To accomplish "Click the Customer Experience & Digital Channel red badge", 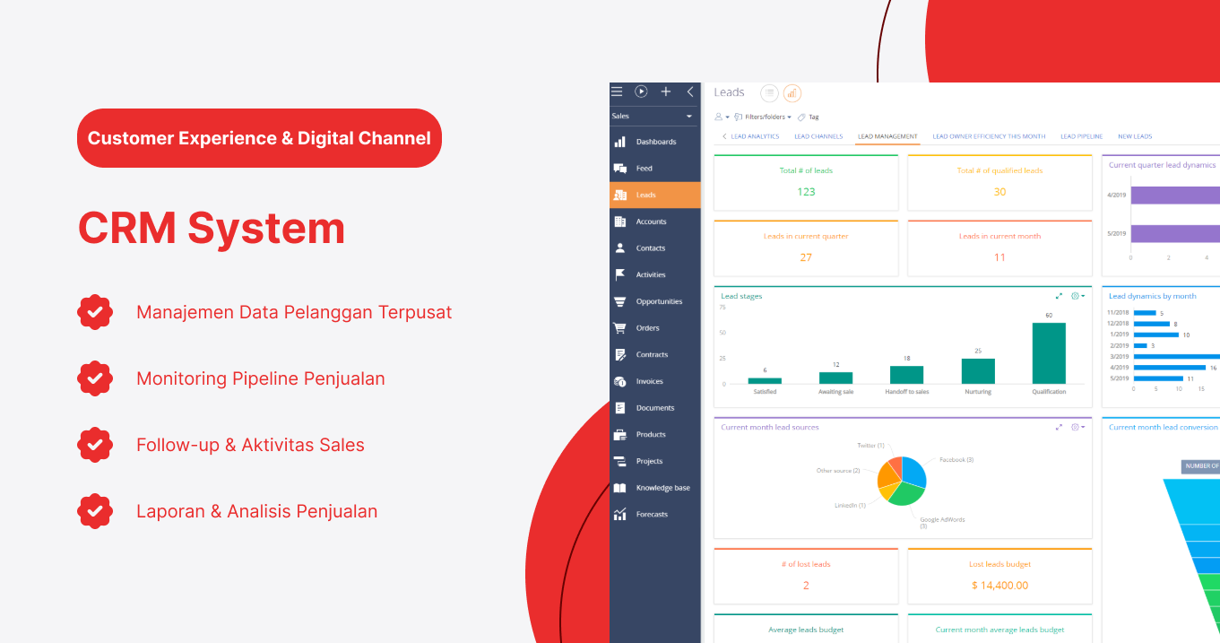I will [x=259, y=138].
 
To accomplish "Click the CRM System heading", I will [x=212, y=228].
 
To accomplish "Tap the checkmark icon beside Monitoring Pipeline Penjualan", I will [x=95, y=378].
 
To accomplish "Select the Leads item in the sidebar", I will [x=646, y=195].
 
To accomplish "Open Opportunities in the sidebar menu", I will [x=659, y=301].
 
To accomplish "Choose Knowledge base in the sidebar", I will [x=662, y=488].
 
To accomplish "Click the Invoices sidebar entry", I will [x=649, y=381].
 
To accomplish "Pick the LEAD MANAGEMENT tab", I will [x=887, y=136].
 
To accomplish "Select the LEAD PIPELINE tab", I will [x=1081, y=136].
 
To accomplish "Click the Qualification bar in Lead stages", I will [x=1049, y=353].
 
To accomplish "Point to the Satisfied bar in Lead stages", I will [x=765, y=380].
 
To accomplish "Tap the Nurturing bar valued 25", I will [x=978, y=371].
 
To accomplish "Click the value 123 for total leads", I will [x=806, y=192].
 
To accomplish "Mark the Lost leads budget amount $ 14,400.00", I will [x=999, y=586].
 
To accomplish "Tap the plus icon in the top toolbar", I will [x=666, y=91].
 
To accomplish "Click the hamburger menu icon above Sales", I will [x=617, y=91].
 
